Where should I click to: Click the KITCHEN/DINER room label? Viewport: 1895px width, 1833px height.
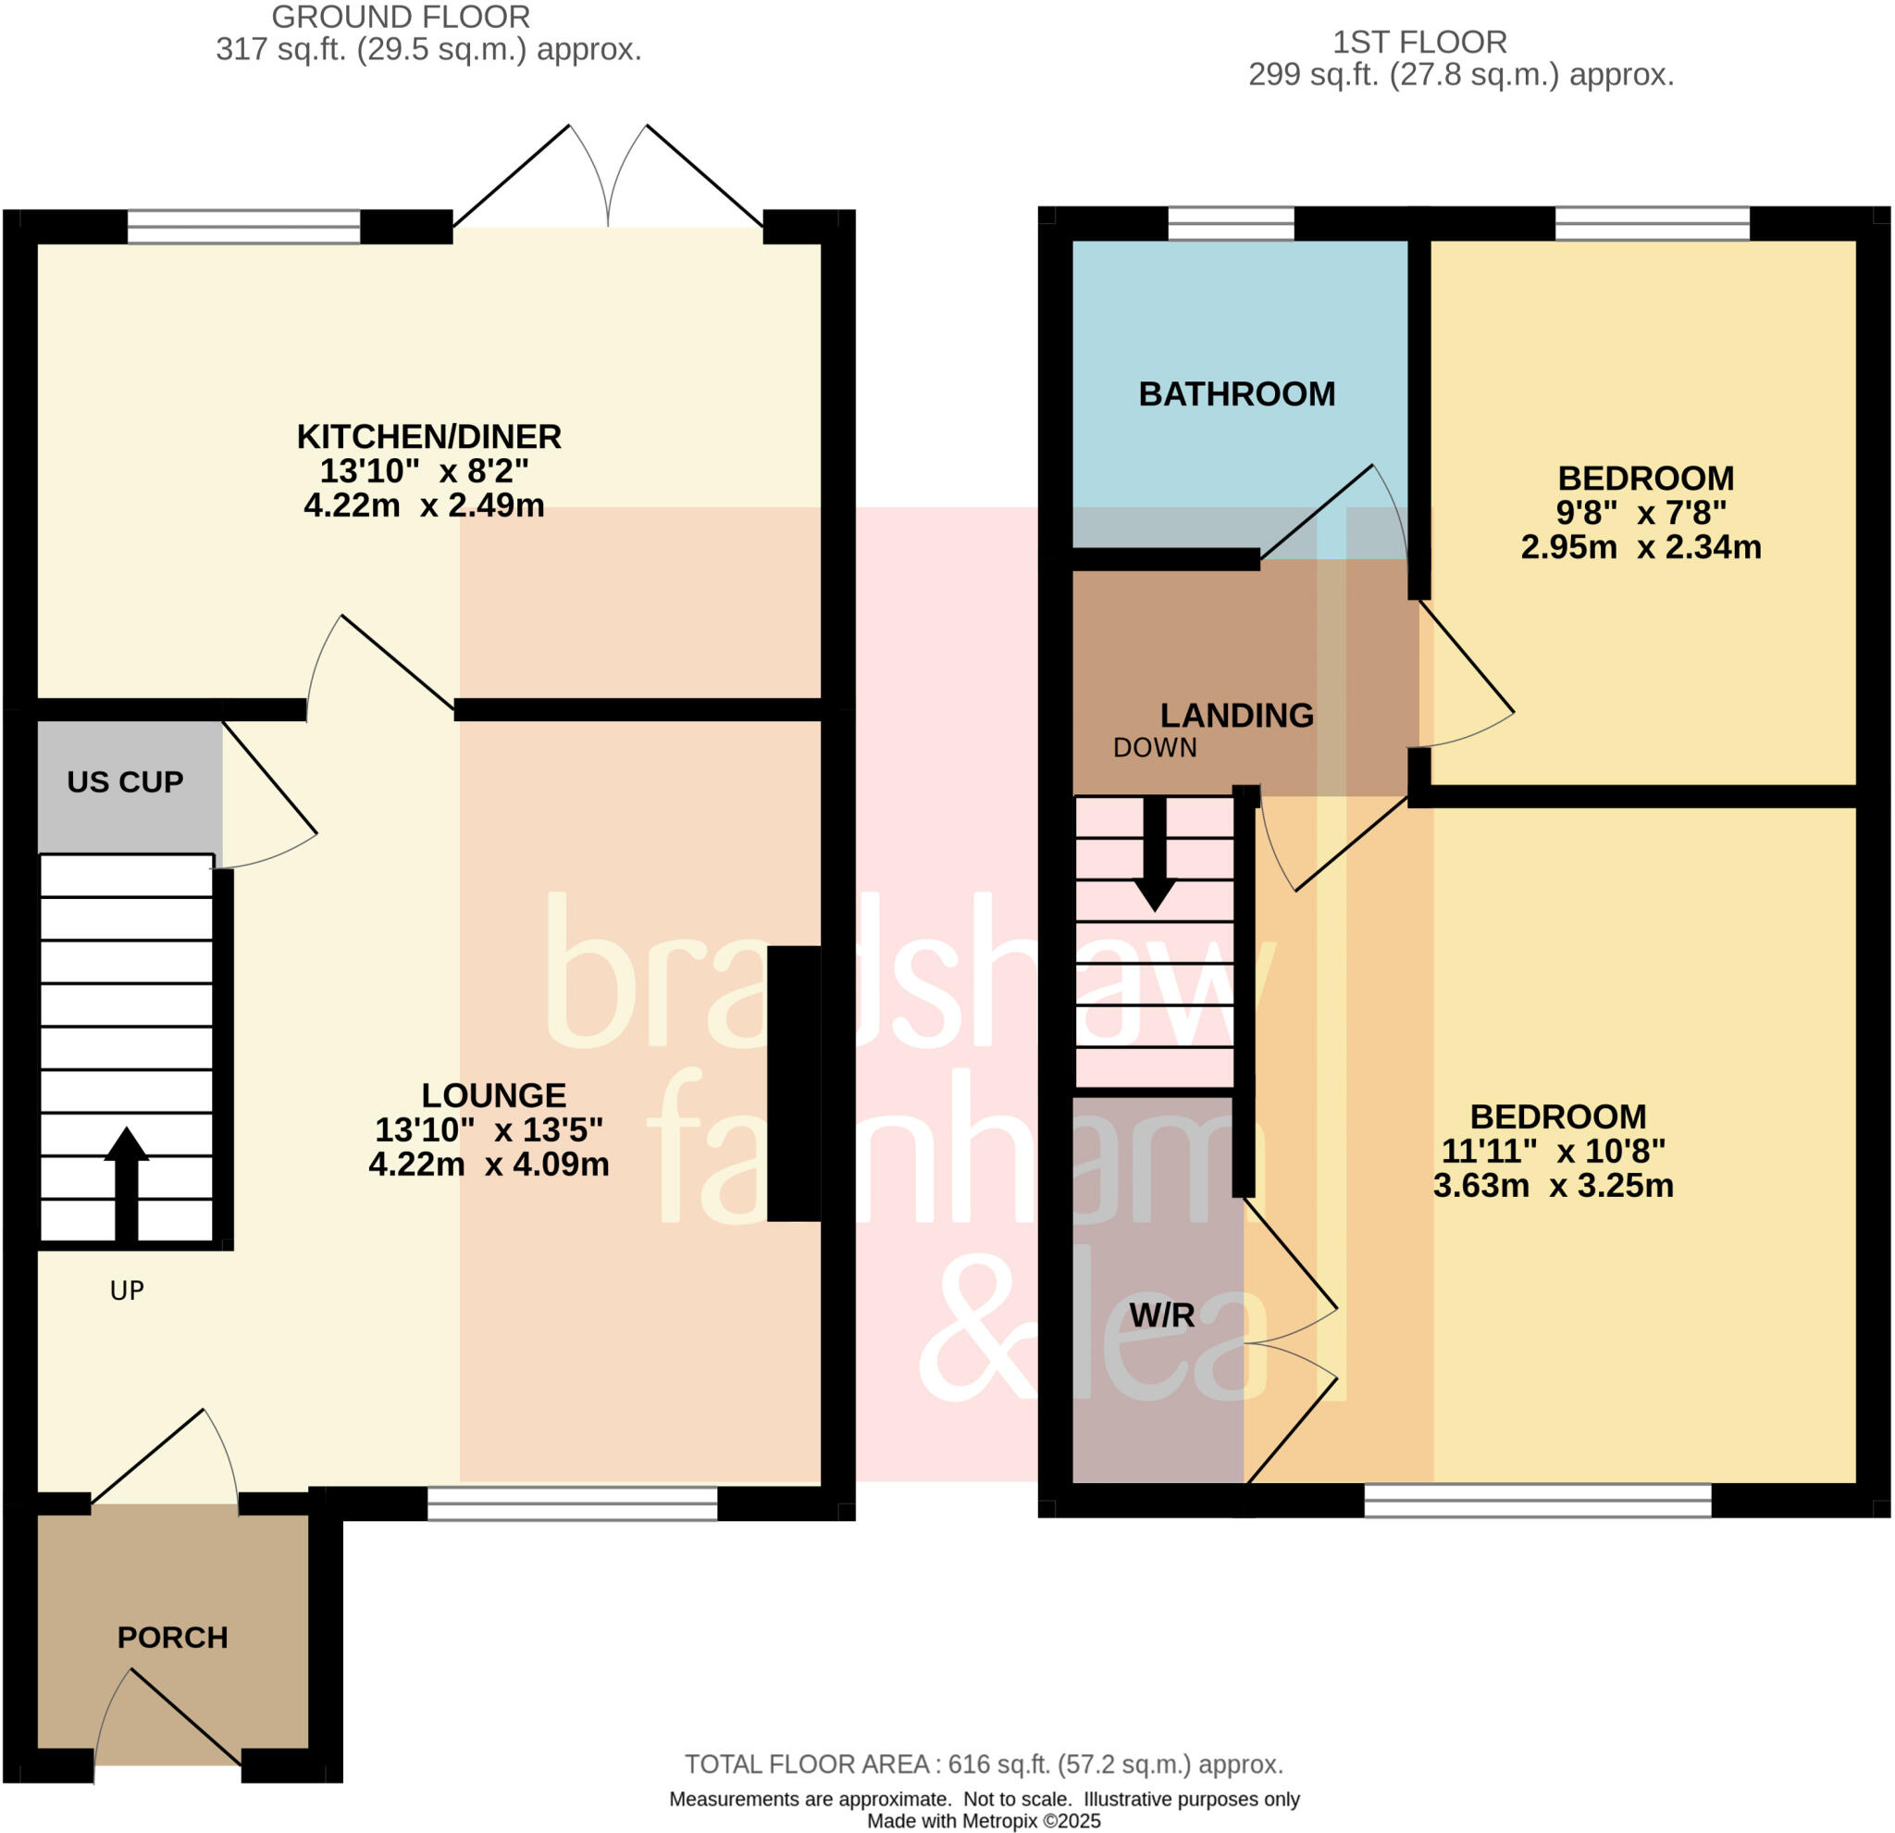(x=428, y=437)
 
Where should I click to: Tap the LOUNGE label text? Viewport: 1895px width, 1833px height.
(x=493, y=1095)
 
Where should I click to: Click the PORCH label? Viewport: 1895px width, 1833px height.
(x=172, y=1637)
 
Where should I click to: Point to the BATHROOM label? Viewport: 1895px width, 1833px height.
(x=1235, y=393)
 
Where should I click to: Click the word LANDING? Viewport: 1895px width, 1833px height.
(x=1235, y=715)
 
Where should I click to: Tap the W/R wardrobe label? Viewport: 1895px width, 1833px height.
(x=1161, y=1315)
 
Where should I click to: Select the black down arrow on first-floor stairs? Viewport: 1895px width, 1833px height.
(x=1154, y=856)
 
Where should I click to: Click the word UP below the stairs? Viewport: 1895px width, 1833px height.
(x=127, y=1291)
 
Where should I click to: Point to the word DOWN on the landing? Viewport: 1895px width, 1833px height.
(x=1154, y=748)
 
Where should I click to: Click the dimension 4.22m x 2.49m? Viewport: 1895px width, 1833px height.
(x=424, y=505)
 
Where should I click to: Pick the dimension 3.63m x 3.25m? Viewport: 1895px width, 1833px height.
(x=1552, y=1185)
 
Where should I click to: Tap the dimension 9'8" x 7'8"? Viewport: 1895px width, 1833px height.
(x=1640, y=513)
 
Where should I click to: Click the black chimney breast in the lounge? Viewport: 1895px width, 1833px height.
(x=793, y=1083)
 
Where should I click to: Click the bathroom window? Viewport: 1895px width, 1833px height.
(x=1230, y=224)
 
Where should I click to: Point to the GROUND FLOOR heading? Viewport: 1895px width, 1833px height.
(x=401, y=17)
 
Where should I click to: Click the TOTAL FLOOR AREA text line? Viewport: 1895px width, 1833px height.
(x=984, y=1764)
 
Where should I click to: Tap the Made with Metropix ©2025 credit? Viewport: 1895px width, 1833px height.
(x=984, y=1821)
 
